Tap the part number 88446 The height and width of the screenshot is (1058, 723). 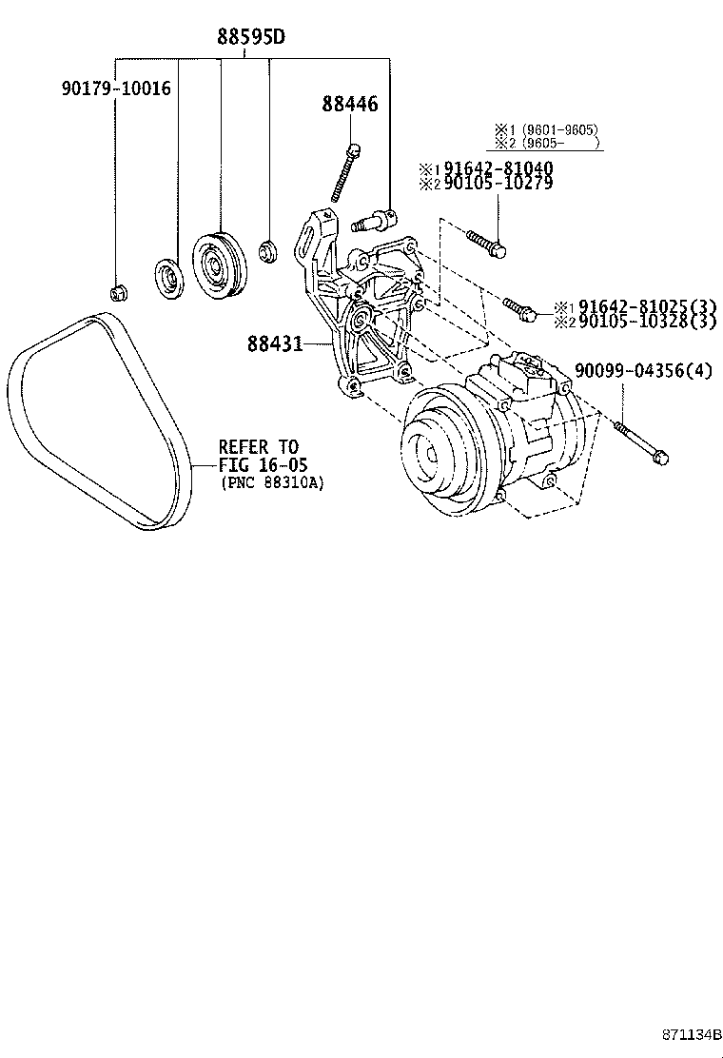348,104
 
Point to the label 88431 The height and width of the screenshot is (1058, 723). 276,343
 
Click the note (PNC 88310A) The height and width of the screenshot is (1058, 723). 272,482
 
